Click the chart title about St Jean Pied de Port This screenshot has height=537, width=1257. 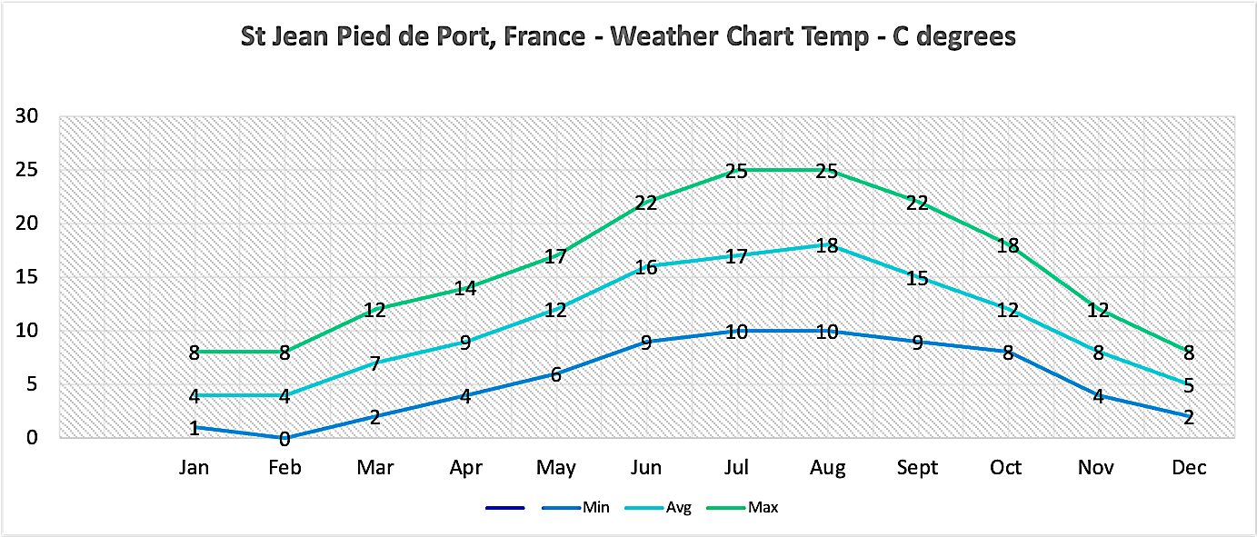tap(627, 37)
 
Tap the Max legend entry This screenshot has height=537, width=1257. tap(763, 507)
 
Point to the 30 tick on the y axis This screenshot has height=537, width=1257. tap(26, 116)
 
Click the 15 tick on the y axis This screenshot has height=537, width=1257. tap(26, 277)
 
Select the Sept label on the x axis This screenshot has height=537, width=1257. tap(917, 468)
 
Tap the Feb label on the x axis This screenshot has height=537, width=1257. tap(284, 468)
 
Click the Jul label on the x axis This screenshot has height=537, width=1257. tap(736, 468)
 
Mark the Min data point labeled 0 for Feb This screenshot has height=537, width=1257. tap(284, 439)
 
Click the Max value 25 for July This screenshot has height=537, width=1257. tap(736, 171)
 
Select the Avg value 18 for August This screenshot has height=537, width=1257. tap(827, 245)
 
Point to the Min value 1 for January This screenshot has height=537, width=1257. tap(194, 427)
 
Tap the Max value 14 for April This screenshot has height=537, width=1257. tap(465, 288)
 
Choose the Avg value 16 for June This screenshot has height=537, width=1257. tap(646, 267)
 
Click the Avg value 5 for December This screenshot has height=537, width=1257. tap(1188, 385)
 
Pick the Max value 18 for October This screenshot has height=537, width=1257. tap(1007, 245)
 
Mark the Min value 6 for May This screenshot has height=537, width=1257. tap(555, 374)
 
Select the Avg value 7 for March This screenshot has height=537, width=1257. tap(374, 363)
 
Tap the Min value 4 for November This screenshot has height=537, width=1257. tap(1098, 396)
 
